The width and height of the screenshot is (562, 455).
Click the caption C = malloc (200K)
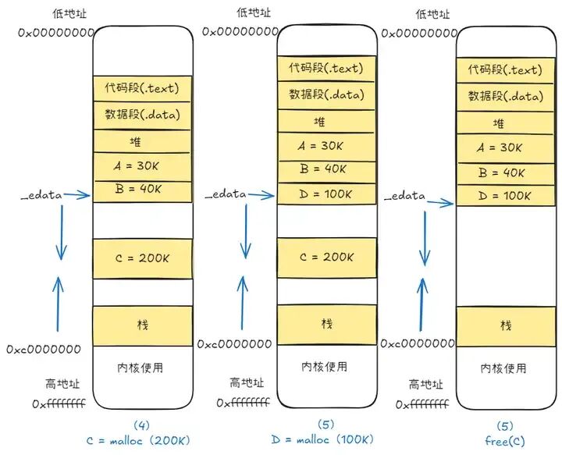click(138, 440)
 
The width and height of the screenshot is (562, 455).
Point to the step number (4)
click(141, 425)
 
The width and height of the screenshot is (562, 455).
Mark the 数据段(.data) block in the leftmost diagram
click(142, 115)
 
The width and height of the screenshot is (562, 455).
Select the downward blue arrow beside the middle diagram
click(245, 234)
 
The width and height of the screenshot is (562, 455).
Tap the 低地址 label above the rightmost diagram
click(433, 14)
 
